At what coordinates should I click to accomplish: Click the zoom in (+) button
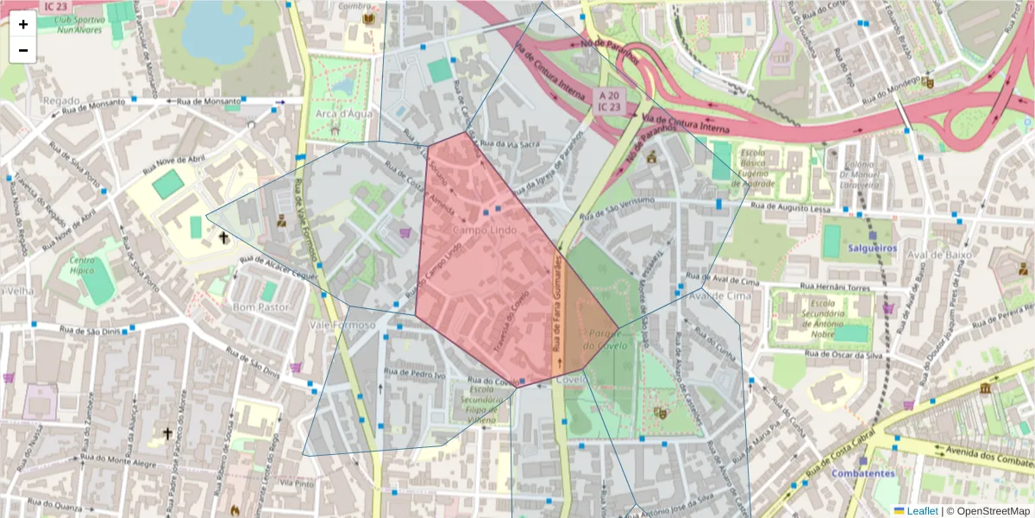[x=23, y=24]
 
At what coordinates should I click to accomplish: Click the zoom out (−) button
[x=23, y=50]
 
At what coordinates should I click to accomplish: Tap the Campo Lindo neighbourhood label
[x=483, y=231]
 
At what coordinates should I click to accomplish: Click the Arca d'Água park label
[x=337, y=113]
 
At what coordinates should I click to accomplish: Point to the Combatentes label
[x=862, y=473]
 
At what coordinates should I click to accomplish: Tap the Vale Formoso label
[x=342, y=325]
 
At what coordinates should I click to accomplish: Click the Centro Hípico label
[x=83, y=265]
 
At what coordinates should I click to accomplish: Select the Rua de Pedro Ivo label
[x=417, y=375]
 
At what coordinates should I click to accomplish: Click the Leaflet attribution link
[x=915, y=510]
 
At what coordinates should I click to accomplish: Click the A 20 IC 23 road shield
[x=609, y=100]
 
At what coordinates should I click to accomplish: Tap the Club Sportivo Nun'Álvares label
[x=69, y=22]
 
